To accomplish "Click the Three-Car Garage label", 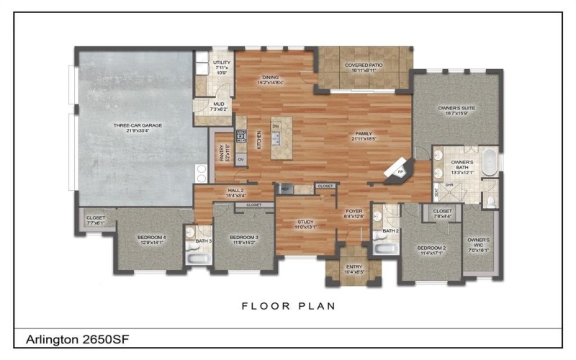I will pyautogui.click(x=137, y=127).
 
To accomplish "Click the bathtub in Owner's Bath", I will pyautogui.click(x=490, y=161).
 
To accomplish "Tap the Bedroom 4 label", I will pyautogui.click(x=152, y=240).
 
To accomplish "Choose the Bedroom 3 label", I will pyautogui.click(x=243, y=240).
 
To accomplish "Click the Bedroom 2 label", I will pyautogui.click(x=433, y=250).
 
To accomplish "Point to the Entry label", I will pyautogui.click(x=354, y=269).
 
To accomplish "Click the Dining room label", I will pyautogui.click(x=270, y=79).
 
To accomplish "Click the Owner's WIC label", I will pyautogui.click(x=478, y=245).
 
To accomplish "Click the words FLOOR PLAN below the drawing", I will pyautogui.click(x=288, y=305).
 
